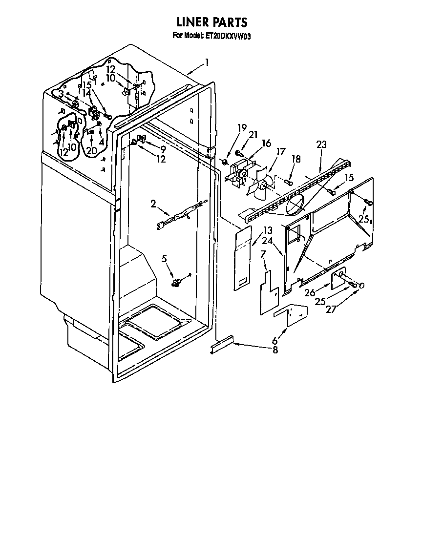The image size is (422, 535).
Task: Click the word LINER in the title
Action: (x=192, y=22)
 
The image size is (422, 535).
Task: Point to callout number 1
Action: (x=207, y=62)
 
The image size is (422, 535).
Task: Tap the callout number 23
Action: (x=321, y=144)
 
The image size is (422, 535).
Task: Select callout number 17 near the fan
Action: (x=280, y=152)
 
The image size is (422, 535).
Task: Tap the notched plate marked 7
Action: (x=268, y=292)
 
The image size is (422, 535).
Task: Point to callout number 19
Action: (x=242, y=129)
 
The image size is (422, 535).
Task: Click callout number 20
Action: (x=92, y=151)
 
